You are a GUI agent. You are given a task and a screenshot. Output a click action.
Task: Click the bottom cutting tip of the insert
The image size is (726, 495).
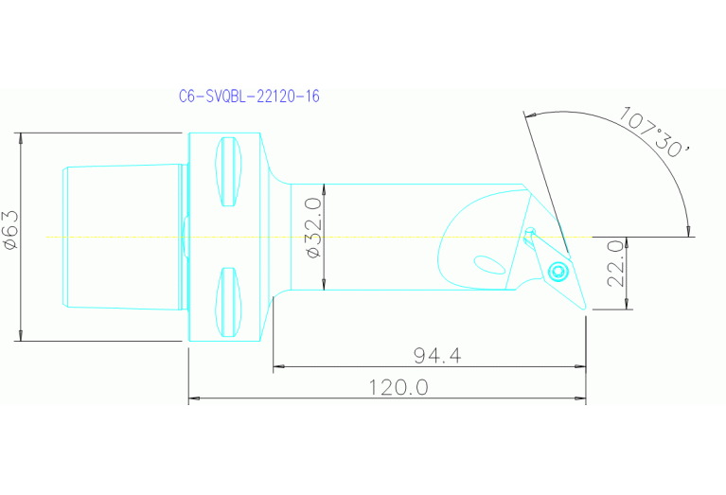tap(584, 309)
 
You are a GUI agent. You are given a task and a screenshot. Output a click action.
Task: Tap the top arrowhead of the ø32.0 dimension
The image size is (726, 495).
tap(324, 187)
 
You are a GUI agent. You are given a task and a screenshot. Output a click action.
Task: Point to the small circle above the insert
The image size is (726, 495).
tap(530, 230)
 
